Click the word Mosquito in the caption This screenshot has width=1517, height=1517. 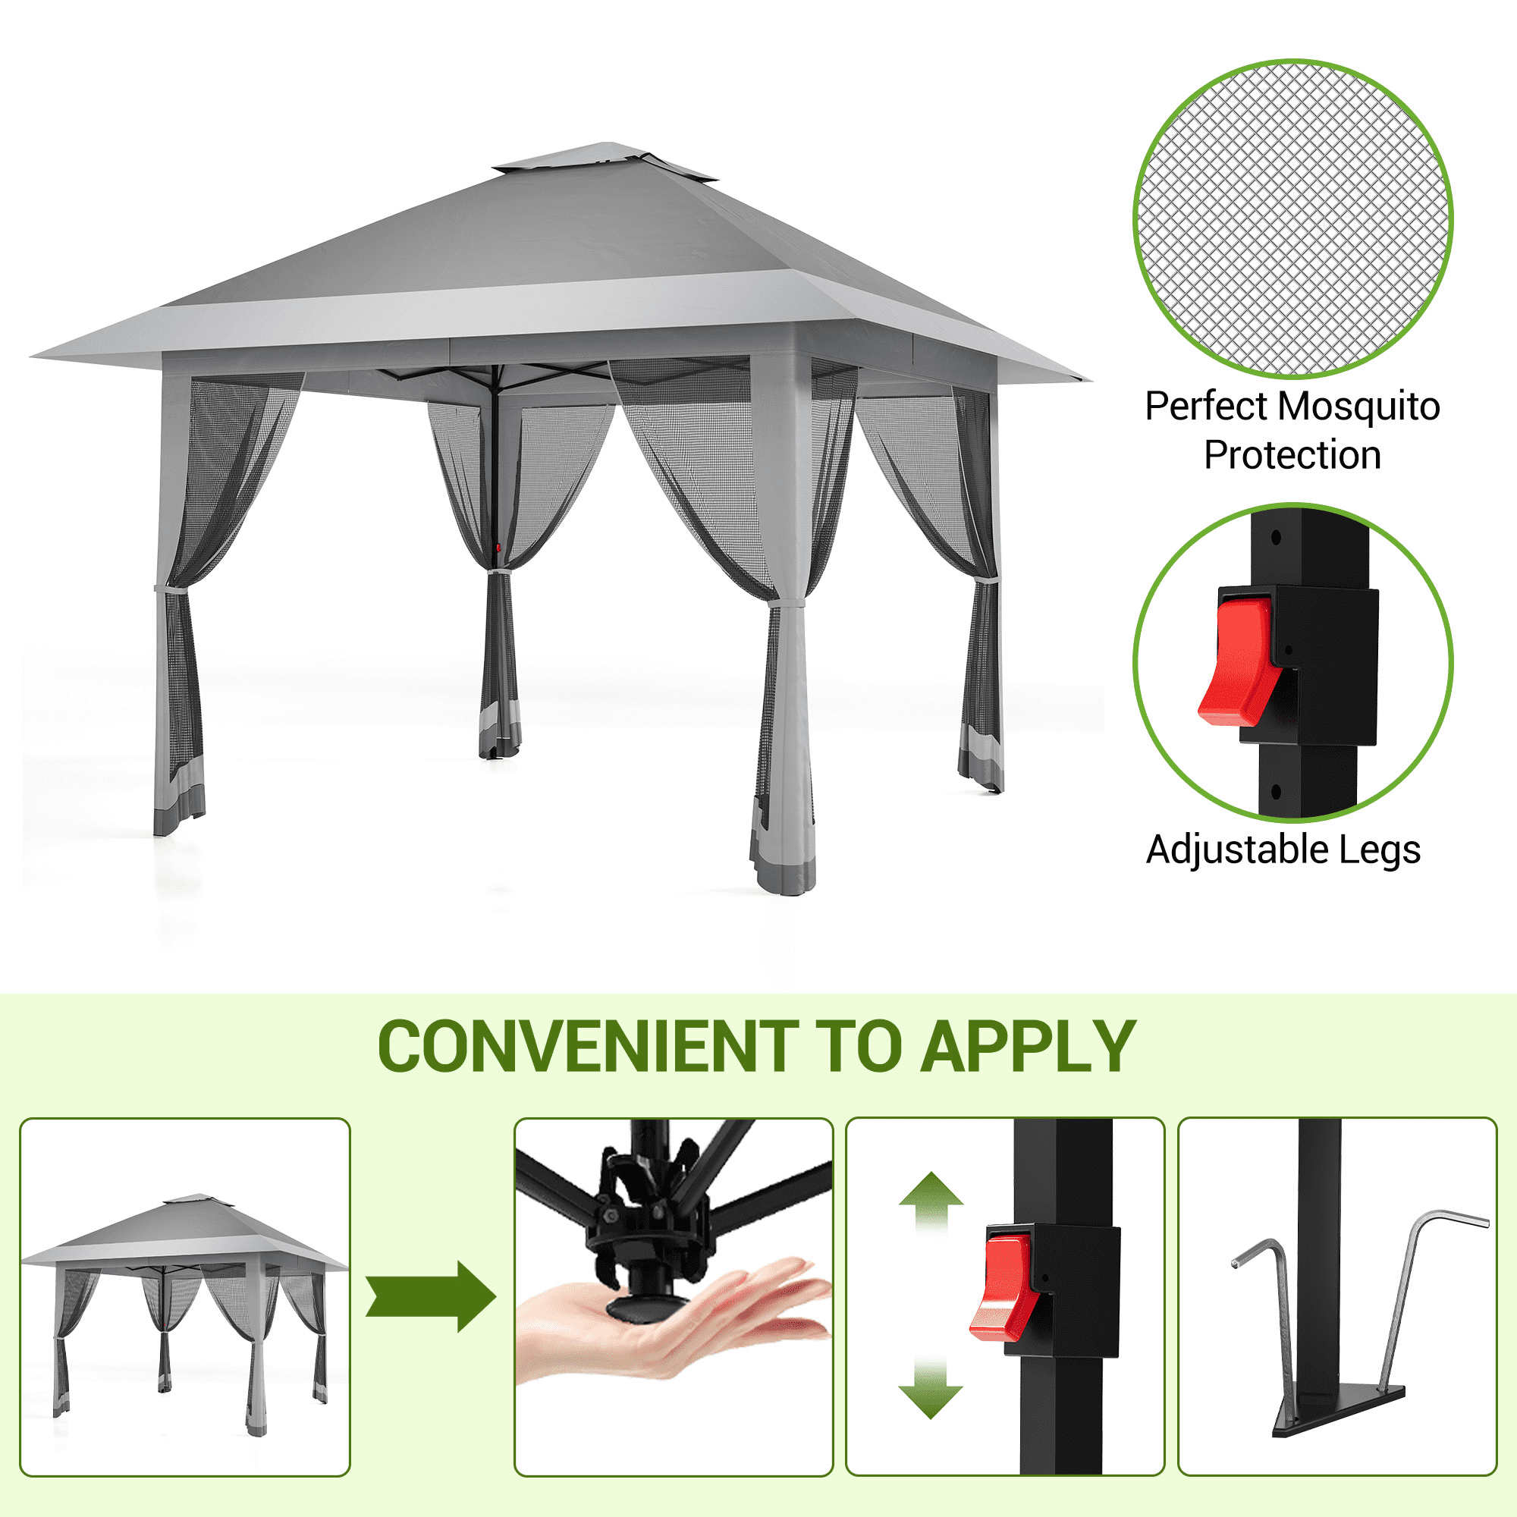(x=1359, y=406)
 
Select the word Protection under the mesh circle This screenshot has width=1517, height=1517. (x=1292, y=454)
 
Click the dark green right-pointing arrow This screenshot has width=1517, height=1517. (x=430, y=1297)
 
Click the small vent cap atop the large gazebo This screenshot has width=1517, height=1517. (x=605, y=159)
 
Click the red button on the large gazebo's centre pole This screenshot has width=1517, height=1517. (x=498, y=548)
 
